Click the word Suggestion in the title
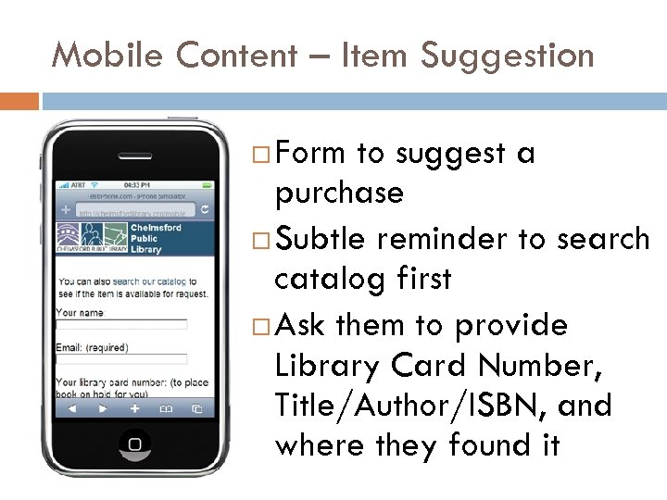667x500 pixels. pos(507,57)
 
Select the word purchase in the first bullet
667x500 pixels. pos(339,194)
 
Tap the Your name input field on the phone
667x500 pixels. pos(121,325)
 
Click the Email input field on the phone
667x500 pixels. pos(121,358)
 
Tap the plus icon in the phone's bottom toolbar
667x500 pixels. pos(135,406)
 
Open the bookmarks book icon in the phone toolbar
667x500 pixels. pos(166,406)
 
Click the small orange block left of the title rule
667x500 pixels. pos(19,100)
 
